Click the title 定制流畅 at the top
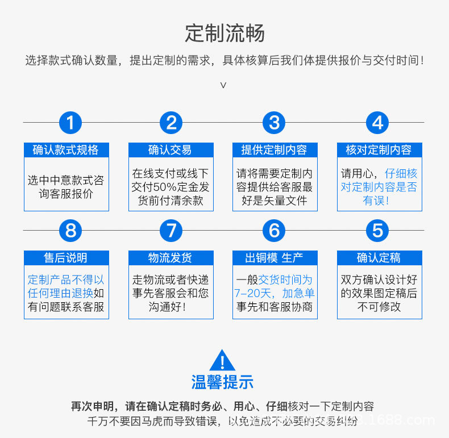click(224, 34)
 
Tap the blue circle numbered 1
click(70, 123)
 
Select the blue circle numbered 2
click(171, 123)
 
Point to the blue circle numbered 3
click(274, 123)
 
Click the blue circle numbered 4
click(377, 123)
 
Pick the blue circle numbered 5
click(377, 231)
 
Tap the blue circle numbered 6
click(274, 231)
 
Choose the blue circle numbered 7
click(171, 231)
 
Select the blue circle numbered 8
click(70, 231)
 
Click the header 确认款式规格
click(66, 150)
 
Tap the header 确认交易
click(171, 150)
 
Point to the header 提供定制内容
click(275, 150)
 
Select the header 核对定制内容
click(379, 150)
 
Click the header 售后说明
click(66, 258)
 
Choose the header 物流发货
click(171, 258)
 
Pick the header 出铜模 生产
click(275, 258)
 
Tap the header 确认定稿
click(379, 258)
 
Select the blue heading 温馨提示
click(222, 382)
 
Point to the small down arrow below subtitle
click(223, 85)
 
